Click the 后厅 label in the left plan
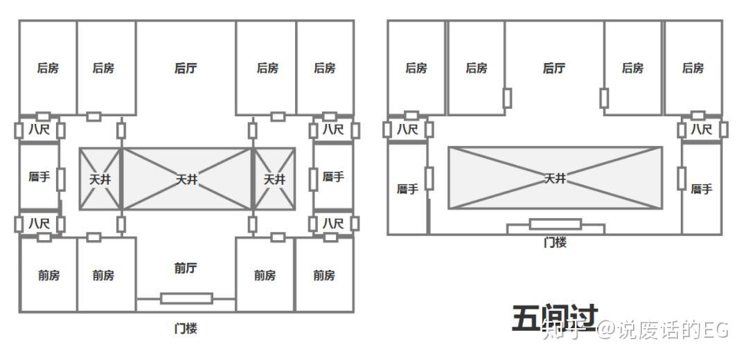(186, 68)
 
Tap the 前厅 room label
(186, 268)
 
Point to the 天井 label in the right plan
(555, 179)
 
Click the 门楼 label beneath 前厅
(186, 327)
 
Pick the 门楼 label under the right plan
(555, 242)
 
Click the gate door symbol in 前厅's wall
(186, 298)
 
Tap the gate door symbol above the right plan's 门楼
(555, 224)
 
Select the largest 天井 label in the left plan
(186, 179)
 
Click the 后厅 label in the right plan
(554, 68)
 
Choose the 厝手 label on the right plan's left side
(407, 189)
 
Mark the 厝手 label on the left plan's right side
(333, 177)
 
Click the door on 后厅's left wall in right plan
(508, 98)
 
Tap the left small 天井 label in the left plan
(100, 179)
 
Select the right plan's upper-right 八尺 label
(701, 129)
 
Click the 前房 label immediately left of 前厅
(103, 275)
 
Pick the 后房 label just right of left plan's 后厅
(267, 68)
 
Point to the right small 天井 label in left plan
(274, 179)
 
